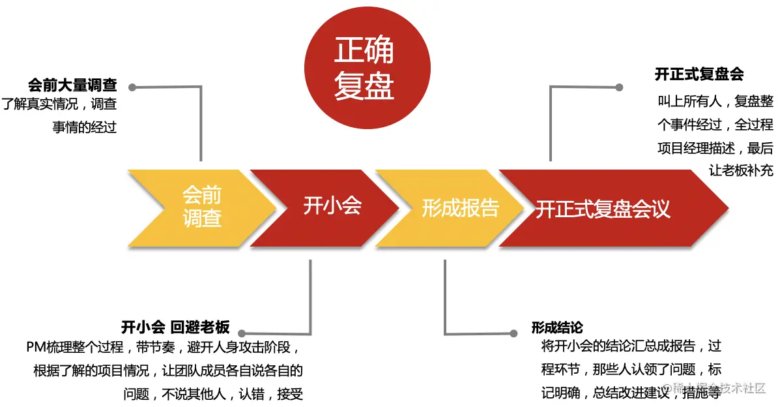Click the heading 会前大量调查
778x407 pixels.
[72, 85]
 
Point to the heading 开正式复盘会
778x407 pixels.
[699, 74]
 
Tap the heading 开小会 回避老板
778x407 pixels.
[175, 327]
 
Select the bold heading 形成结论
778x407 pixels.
[557, 327]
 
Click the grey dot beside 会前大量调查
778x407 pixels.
[132, 87]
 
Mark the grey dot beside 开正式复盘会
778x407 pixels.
[620, 87]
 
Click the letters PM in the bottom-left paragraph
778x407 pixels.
[35, 347]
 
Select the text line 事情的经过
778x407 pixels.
[84, 127]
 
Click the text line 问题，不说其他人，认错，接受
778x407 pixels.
[213, 394]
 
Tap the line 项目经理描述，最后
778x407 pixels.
[715, 148]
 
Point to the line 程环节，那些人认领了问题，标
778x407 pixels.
[631, 369]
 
